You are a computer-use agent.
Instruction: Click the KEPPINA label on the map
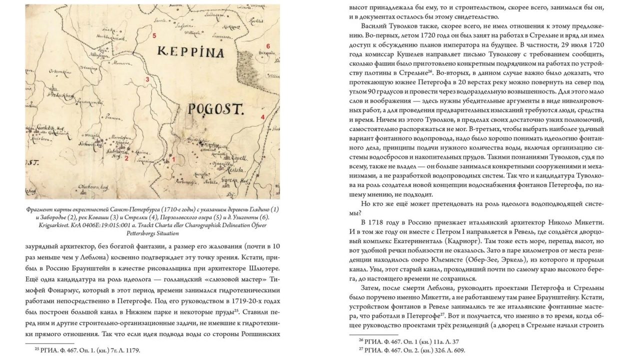coord(190,51)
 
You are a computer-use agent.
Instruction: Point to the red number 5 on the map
coord(154,35)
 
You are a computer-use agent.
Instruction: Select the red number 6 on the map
coord(268,46)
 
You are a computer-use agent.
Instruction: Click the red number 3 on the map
coord(147,79)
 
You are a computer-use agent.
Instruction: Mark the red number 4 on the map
coord(262,117)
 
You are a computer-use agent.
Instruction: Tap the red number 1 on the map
coord(173,159)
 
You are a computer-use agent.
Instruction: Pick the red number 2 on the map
coord(126,159)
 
